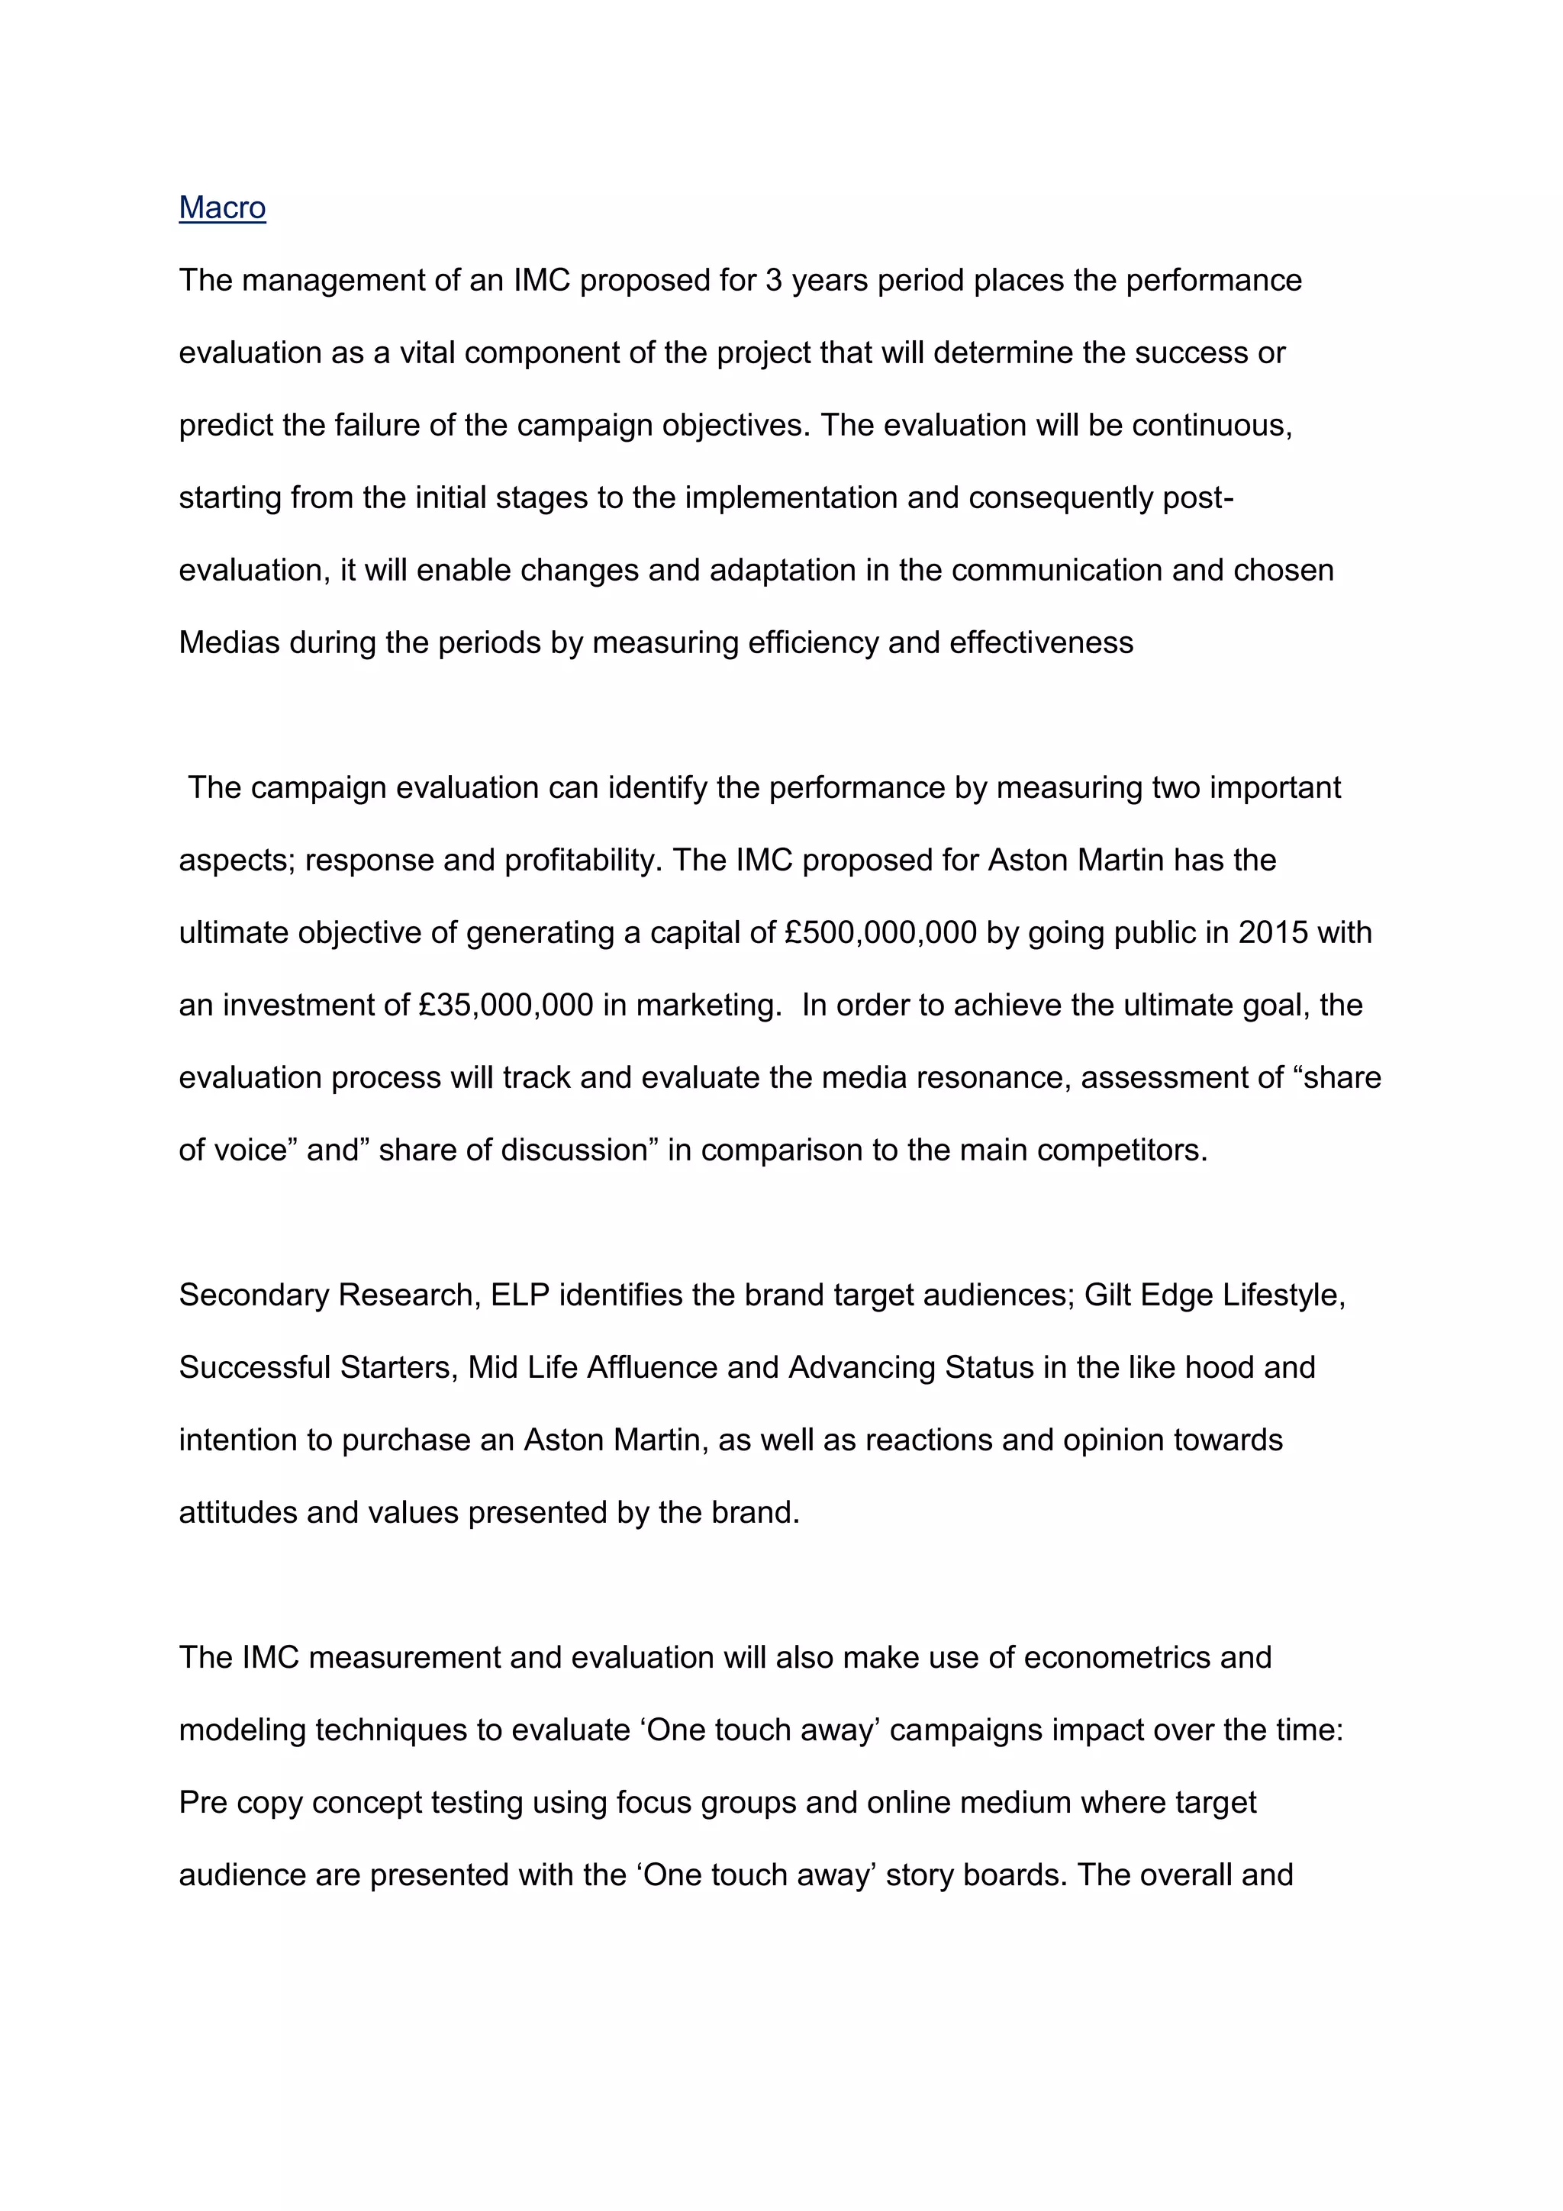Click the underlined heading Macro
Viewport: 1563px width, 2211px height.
point(222,208)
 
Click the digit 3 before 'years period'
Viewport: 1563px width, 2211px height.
point(773,280)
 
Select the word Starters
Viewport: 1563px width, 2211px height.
point(395,1367)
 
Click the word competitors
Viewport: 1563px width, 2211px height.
point(1122,1151)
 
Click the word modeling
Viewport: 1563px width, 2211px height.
point(243,1730)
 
